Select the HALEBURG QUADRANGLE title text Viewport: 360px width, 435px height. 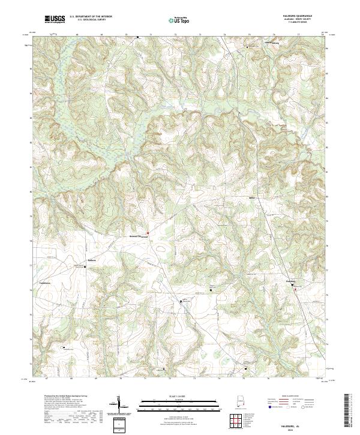coord(303,16)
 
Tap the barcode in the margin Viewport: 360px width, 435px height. coord(350,411)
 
